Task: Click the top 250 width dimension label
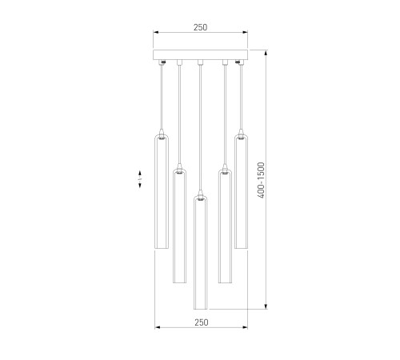[200, 27]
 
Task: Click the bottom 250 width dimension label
[202, 322]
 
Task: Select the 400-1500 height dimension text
[262, 180]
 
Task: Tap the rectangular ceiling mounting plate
[200, 54]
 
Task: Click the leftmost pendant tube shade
[162, 192]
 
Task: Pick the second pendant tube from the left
[179, 226]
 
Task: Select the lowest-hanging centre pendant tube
[201, 253]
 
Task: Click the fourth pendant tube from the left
[225, 226]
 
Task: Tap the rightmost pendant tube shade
[241, 191]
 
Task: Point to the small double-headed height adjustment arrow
[140, 179]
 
